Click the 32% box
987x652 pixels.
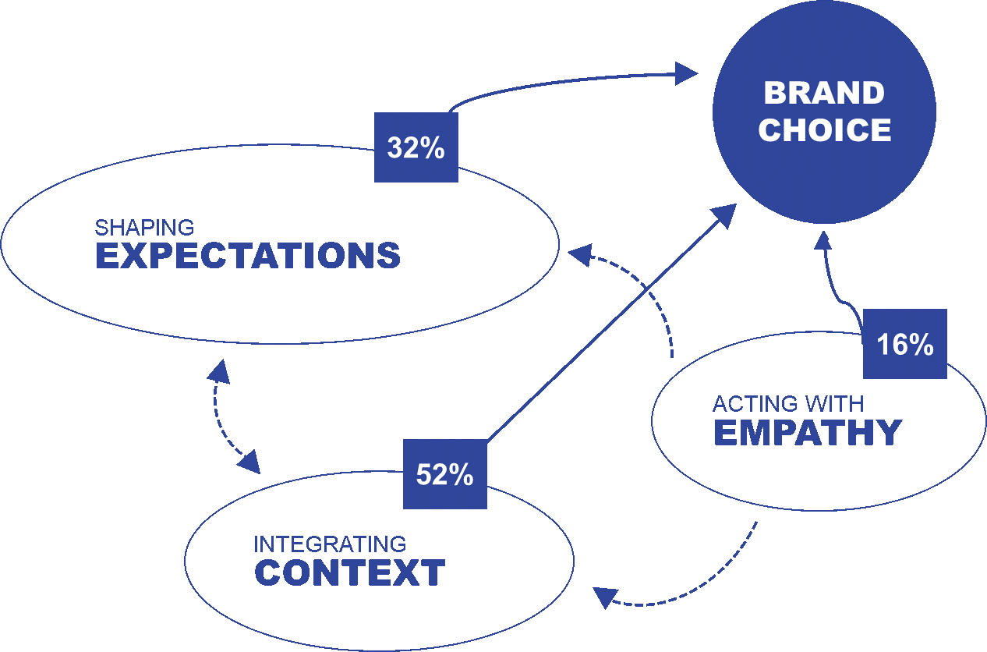coord(416,148)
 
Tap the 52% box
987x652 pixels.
coord(444,474)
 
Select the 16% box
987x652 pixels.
coord(904,344)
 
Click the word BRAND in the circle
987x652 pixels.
coord(824,94)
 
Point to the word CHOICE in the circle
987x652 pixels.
coord(824,130)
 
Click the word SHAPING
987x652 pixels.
coord(144,228)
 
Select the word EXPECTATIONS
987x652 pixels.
coord(248,257)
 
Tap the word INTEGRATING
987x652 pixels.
coord(330,544)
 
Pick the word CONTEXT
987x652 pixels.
coord(349,573)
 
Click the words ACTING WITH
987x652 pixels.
coord(787,404)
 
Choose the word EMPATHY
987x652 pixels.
coord(808,433)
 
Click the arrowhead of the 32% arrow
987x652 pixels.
coord(686,74)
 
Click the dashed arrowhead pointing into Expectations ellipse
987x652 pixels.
coord(579,253)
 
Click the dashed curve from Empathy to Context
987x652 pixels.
coord(725,581)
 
